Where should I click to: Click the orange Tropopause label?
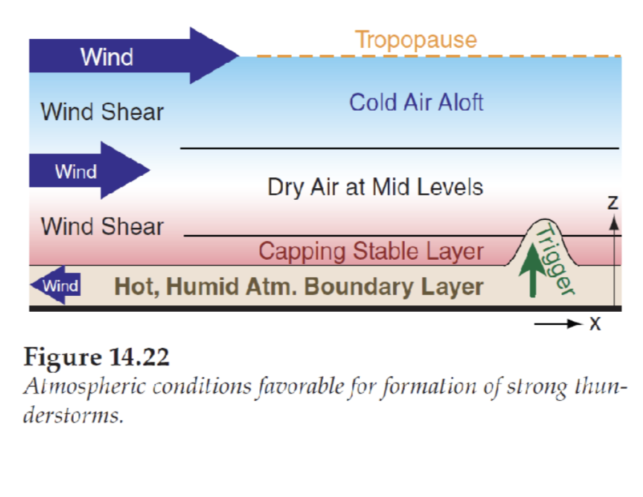(x=416, y=39)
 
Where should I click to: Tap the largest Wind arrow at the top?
(x=130, y=56)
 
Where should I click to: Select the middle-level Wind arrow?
(x=87, y=171)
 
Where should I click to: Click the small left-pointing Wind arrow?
(x=56, y=285)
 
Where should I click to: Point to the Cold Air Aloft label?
(x=416, y=102)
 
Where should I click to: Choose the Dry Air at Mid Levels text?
(x=375, y=187)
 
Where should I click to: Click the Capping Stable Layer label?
(x=371, y=251)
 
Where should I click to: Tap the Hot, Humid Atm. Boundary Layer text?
(x=299, y=286)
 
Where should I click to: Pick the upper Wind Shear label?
(x=102, y=112)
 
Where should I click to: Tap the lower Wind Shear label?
(x=102, y=226)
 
